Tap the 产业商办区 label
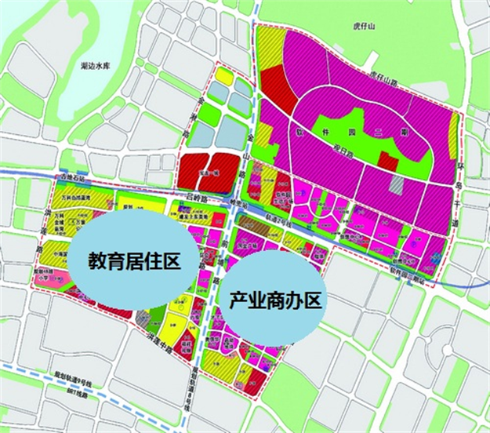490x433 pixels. (275, 300)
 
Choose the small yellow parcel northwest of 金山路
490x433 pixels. (223, 76)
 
